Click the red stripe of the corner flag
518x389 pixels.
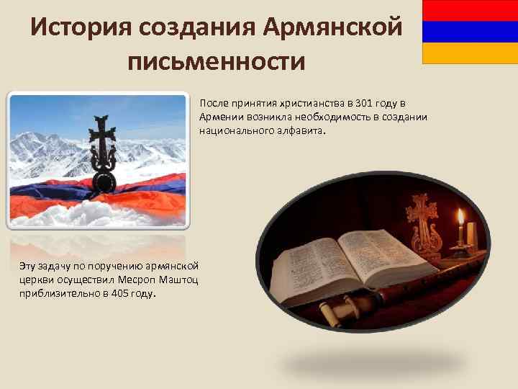click(x=470, y=10)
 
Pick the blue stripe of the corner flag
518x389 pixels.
click(x=470, y=32)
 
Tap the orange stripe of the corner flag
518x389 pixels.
click(x=470, y=53)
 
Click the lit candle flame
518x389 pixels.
click(x=460, y=215)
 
